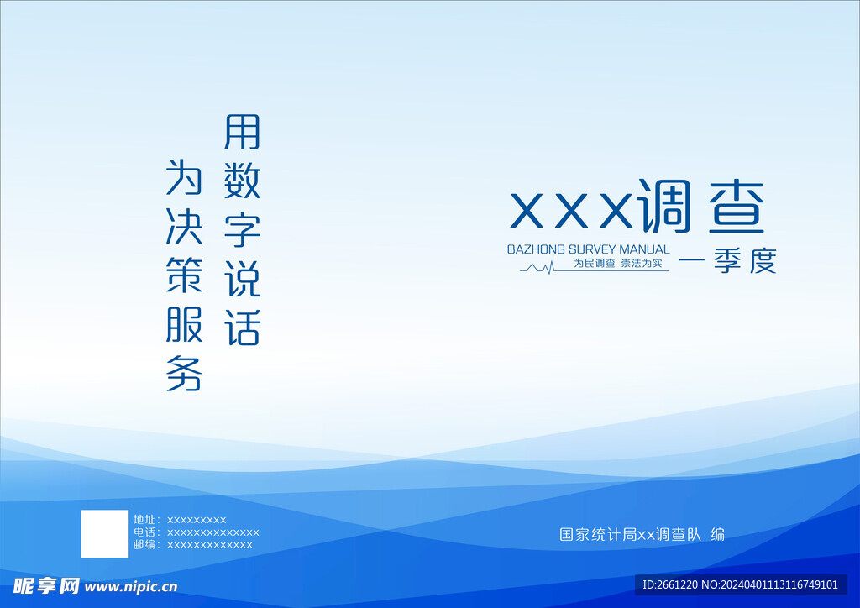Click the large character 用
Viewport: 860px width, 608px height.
tap(242, 132)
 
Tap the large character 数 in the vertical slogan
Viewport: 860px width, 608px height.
tap(242, 181)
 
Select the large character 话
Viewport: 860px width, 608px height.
tap(242, 328)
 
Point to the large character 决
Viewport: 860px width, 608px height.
tap(184, 227)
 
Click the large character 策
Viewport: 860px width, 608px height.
tap(184, 275)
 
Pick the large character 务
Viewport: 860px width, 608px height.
tap(184, 374)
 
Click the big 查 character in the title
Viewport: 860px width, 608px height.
tap(736, 207)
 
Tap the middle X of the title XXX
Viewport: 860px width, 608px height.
tap(571, 211)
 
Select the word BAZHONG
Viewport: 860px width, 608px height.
tap(536, 249)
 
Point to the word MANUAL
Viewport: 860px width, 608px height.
tap(644, 249)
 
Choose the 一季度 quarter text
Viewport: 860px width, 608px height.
tap(727, 261)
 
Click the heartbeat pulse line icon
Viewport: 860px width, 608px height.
tap(537, 268)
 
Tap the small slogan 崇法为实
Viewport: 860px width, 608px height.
tap(641, 263)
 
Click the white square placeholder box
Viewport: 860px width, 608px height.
tap(105, 534)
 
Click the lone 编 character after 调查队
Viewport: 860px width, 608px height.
tap(717, 534)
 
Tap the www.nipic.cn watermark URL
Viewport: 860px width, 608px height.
tap(131, 587)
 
